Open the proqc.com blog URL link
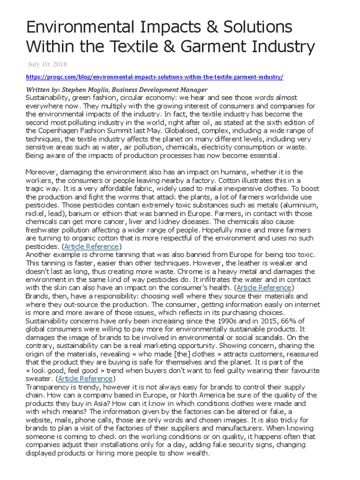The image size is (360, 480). click(154, 77)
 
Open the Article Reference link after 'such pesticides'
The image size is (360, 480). click(91, 247)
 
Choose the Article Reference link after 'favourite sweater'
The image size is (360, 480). click(85, 378)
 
